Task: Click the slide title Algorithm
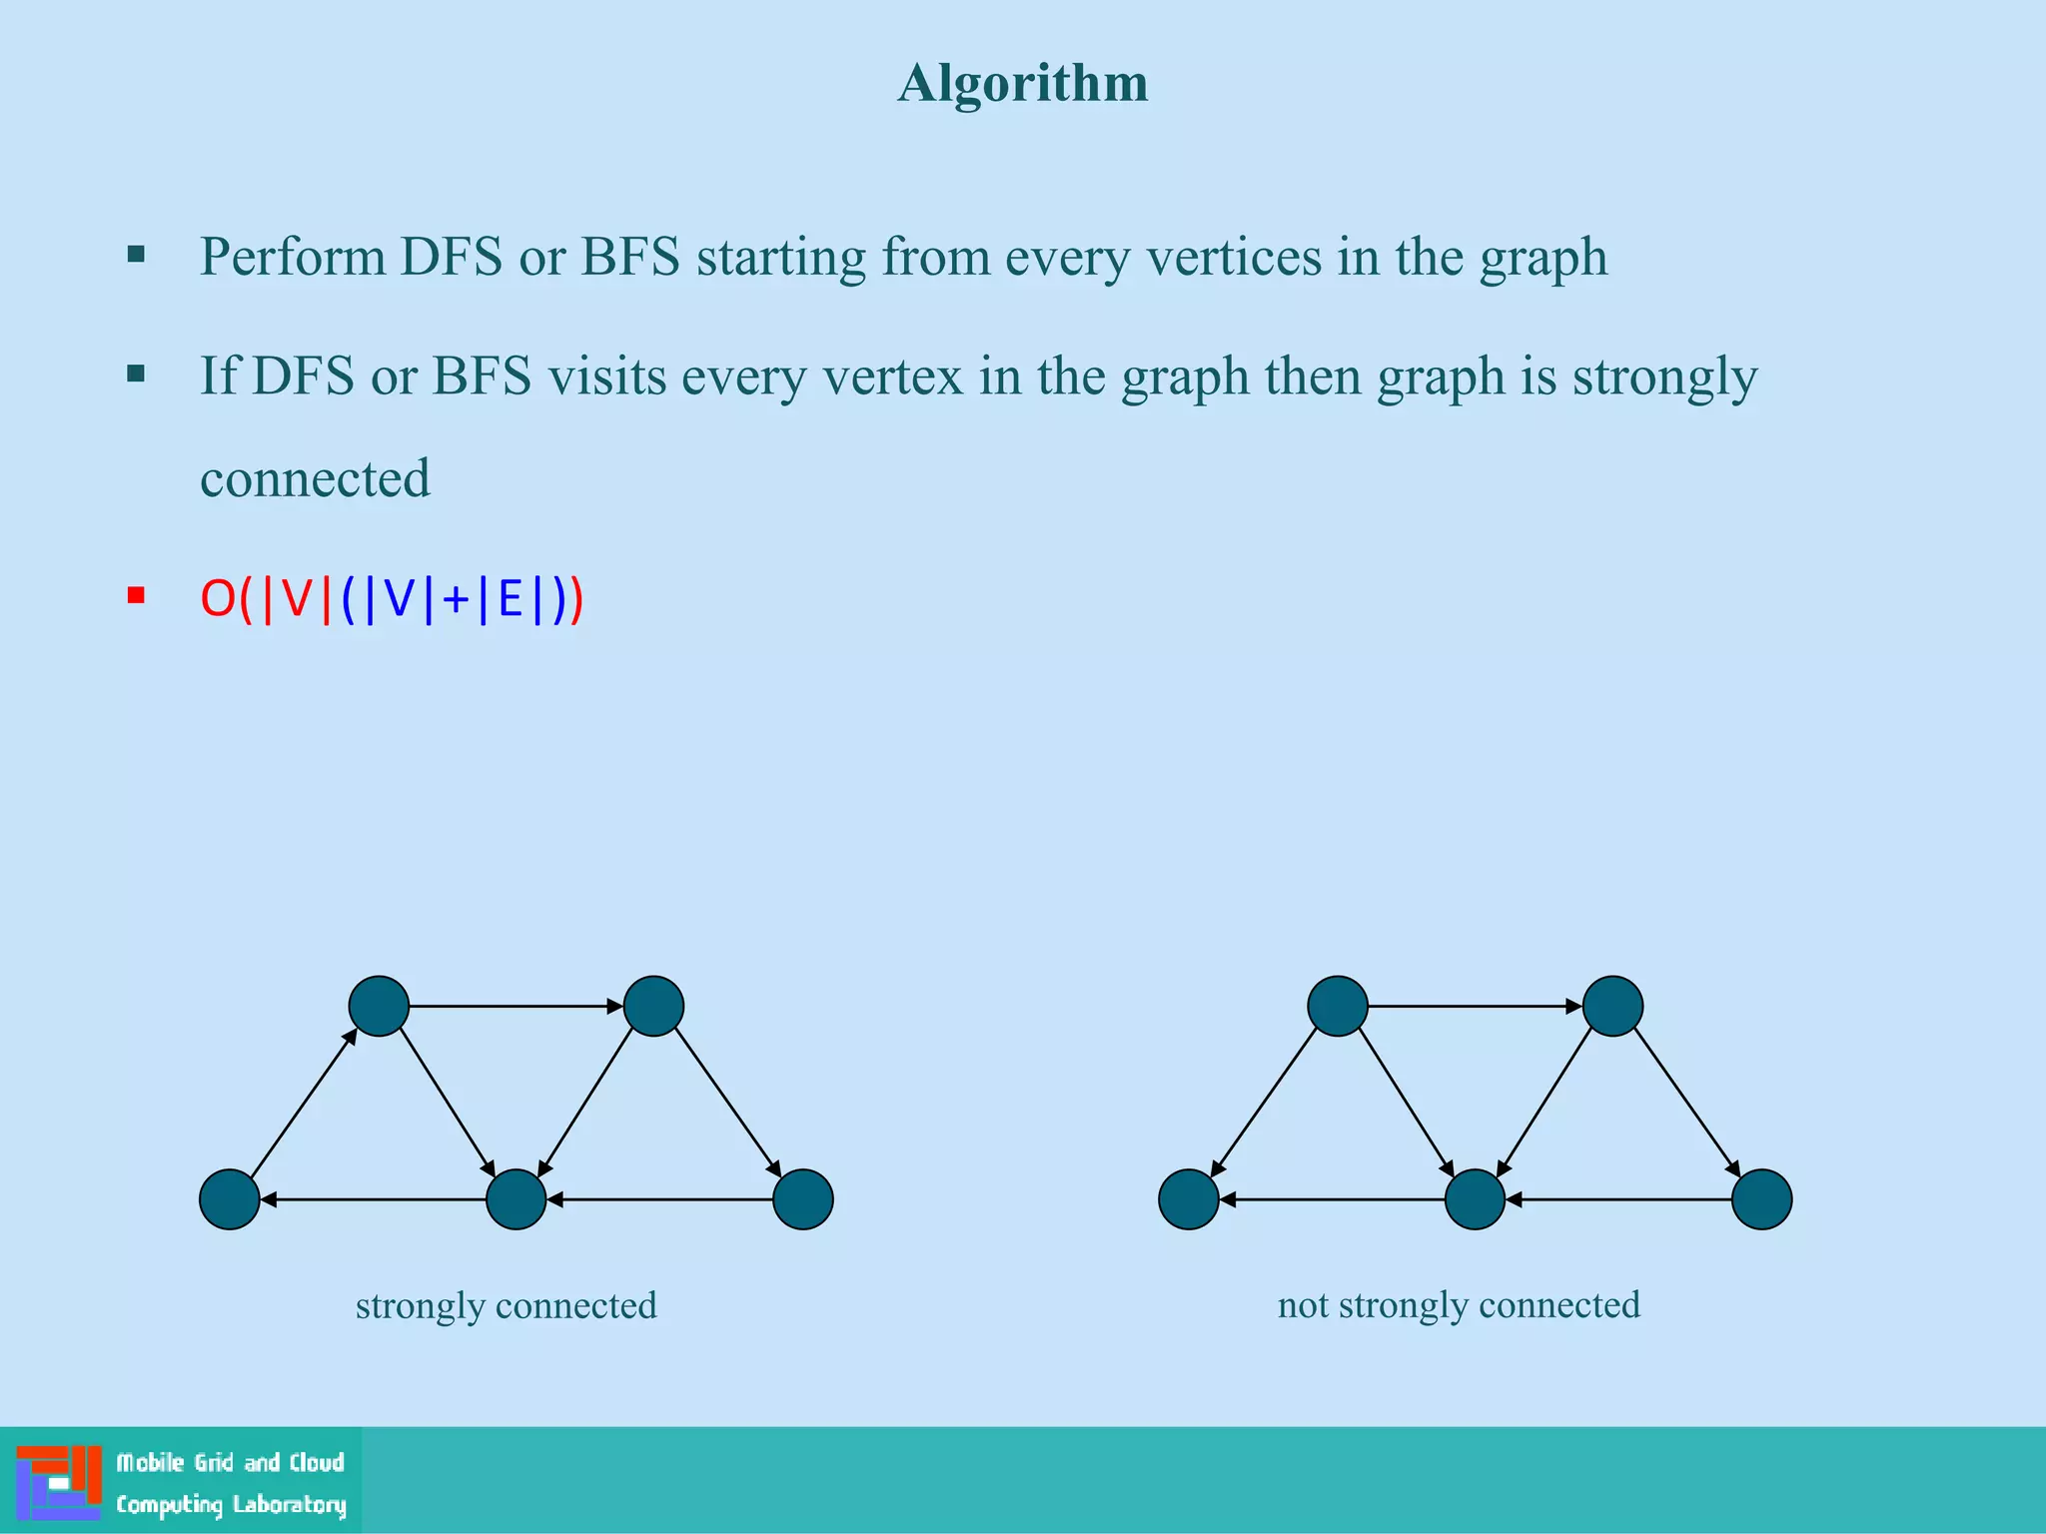click(x=1022, y=83)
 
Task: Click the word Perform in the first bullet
click(x=292, y=257)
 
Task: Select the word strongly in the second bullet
click(x=1664, y=378)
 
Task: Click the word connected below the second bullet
click(x=315, y=478)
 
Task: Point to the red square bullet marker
click(x=137, y=596)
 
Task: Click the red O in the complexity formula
click(x=217, y=599)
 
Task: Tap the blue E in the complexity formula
click(x=510, y=599)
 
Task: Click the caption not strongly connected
click(x=1459, y=1304)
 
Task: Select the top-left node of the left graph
click(x=379, y=1006)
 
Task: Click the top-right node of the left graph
click(x=653, y=1006)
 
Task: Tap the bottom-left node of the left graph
click(x=230, y=1198)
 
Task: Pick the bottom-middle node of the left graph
click(x=515, y=1198)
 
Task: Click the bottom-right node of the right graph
click(x=1761, y=1198)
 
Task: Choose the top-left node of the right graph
click(x=1338, y=1006)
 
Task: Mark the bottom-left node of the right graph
click(x=1188, y=1198)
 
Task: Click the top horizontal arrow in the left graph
click(x=515, y=1006)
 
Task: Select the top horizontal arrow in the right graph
click(x=1475, y=1006)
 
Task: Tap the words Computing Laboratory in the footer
click(x=231, y=1504)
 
